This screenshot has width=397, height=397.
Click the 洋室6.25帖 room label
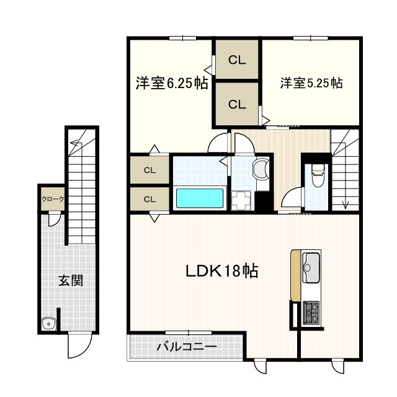(x=172, y=83)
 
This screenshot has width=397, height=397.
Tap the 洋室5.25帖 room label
(x=311, y=83)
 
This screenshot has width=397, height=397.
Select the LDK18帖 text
(x=222, y=271)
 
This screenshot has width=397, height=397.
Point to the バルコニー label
(x=187, y=346)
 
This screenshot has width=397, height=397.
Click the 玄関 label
(x=71, y=280)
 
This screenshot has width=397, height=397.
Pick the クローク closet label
(x=53, y=199)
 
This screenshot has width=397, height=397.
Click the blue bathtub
(x=200, y=198)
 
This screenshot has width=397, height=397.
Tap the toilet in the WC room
(x=316, y=175)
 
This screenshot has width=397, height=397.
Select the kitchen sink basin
(x=311, y=267)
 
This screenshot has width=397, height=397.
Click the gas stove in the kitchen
(x=311, y=313)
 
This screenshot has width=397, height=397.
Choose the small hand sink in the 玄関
(x=49, y=323)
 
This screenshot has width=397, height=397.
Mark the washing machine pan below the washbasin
(x=241, y=200)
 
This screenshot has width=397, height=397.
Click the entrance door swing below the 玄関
(x=80, y=346)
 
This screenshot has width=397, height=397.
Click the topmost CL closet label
(x=237, y=60)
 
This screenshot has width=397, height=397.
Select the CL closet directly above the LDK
(x=149, y=200)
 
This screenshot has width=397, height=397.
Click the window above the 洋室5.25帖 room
(x=311, y=38)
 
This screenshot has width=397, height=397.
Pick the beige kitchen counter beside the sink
(x=295, y=275)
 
